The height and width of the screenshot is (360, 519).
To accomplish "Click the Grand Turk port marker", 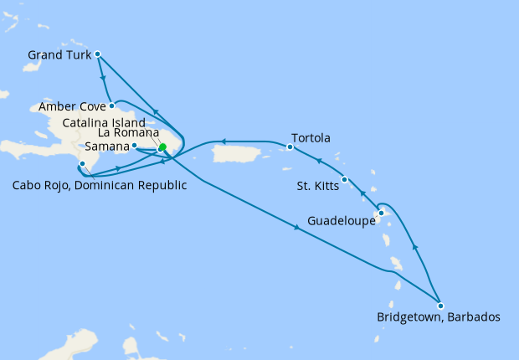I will (98, 54).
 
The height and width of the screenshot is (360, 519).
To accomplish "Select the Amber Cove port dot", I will (111, 105).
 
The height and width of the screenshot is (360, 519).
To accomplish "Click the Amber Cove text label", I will (73, 107).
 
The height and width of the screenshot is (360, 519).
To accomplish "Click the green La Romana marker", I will (162, 147).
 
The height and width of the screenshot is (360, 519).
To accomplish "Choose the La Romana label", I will (126, 133).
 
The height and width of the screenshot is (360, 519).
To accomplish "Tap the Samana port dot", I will (135, 146).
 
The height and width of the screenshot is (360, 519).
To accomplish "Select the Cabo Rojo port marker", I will (82, 164).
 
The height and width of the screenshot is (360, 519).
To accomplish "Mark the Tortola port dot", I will (290, 147).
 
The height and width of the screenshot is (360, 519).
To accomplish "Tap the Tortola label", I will (311, 138).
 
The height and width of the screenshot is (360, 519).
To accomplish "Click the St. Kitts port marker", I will (345, 179).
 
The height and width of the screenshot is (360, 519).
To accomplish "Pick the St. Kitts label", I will (318, 186).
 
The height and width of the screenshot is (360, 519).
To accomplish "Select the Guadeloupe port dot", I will (380, 213).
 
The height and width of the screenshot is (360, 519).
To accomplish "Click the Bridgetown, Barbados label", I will (438, 318).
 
